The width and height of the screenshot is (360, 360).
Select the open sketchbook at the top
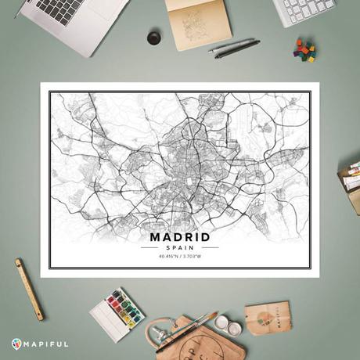(x=198, y=22)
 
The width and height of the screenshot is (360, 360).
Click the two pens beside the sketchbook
(x=234, y=47)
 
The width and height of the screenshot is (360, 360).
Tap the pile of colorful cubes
(x=305, y=49)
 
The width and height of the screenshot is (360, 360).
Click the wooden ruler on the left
(x=29, y=289)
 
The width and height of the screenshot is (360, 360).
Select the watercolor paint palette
(x=117, y=312)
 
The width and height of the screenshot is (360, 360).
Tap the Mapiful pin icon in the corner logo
(x=17, y=344)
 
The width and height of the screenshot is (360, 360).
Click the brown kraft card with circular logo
(x=268, y=317)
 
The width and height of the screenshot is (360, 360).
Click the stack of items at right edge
(x=350, y=180)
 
